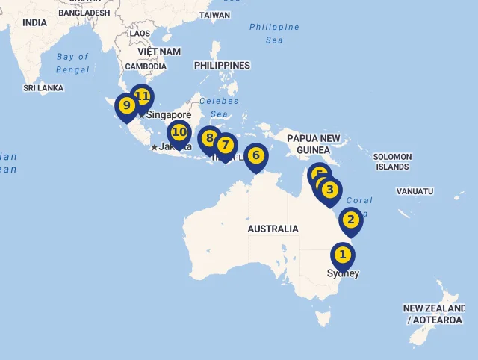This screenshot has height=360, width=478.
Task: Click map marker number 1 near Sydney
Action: pos(343,255)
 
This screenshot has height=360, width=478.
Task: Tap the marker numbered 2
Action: pos(350,220)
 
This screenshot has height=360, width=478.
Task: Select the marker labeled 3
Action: pos(329,190)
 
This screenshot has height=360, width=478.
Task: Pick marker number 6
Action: pos(255,155)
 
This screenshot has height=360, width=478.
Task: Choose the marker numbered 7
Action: pos(225,145)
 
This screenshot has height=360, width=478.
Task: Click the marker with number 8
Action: pos(208,138)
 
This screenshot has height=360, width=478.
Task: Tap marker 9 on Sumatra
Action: pos(126,105)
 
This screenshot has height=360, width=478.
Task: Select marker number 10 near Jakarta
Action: pos(179,133)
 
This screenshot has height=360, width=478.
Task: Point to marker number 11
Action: pos(141,96)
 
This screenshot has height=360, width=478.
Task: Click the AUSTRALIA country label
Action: pos(273,229)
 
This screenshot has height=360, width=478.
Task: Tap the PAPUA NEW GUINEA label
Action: pos(314,144)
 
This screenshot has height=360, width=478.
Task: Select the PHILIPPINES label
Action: pos(222,66)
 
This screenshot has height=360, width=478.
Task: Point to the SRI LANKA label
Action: pos(43,88)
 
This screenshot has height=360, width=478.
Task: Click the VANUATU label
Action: pos(415,191)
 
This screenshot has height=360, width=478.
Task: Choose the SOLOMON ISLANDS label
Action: pos(392,161)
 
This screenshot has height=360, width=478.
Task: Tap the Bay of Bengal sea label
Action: pos(72,63)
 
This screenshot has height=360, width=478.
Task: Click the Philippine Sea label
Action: pos(274,33)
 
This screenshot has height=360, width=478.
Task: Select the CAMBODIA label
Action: pos(146,66)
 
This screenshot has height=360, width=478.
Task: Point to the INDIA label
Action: pos(34,23)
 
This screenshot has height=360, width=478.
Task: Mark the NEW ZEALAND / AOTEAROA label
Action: pos(434,314)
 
